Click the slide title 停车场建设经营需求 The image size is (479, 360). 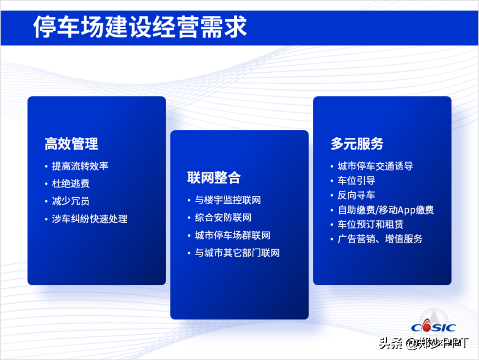click(140, 27)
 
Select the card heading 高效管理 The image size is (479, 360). click(71, 144)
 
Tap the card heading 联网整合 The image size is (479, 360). click(214, 177)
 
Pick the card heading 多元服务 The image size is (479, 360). click(357, 144)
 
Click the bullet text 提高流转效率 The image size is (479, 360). click(80, 166)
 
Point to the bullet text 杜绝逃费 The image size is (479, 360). click(71, 184)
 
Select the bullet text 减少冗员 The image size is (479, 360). click(71, 201)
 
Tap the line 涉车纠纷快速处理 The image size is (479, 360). click(90, 218)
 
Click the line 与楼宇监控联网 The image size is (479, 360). click(228, 200)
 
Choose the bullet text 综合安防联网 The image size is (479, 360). click(223, 218)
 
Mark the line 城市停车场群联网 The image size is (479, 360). click(233, 235)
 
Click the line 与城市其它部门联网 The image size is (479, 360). click(237, 253)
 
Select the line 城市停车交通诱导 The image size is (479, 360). click(375, 166)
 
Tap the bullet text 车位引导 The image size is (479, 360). click(357, 181)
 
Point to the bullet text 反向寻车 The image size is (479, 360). click(357, 195)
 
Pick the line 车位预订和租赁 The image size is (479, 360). click(370, 224)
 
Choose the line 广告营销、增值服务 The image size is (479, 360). click(380, 239)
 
